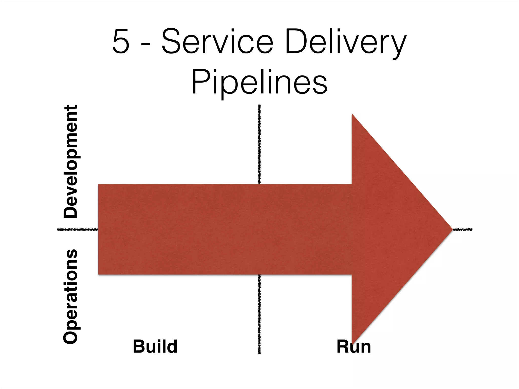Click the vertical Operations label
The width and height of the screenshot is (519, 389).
coord(70,296)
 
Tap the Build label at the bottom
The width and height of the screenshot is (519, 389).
coord(155,346)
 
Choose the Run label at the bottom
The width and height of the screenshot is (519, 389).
coord(354,346)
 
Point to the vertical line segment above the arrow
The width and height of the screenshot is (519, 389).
coord(259,144)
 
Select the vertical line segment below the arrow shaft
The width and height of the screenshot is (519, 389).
coord(259,314)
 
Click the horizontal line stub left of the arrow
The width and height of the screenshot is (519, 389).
coord(77,229)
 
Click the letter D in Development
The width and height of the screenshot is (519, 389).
coord(70,211)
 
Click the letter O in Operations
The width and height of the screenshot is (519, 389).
coord(70,335)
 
